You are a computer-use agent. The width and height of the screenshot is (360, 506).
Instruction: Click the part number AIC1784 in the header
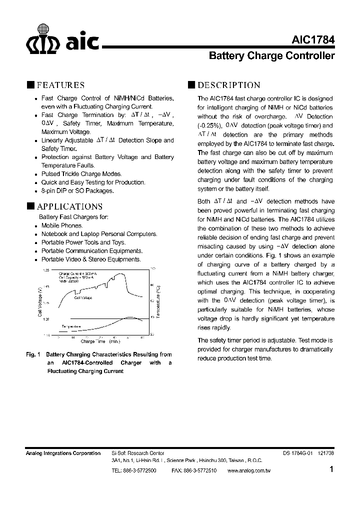(312, 40)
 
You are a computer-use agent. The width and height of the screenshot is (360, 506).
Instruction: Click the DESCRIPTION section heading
(229, 85)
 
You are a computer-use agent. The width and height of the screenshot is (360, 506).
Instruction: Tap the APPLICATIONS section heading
(69, 206)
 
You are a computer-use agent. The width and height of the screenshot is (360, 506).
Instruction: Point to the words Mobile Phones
(62, 225)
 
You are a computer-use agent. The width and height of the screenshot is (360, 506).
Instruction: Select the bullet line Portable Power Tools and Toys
(83, 242)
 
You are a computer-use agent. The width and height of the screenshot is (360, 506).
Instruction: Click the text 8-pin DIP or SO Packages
(77, 190)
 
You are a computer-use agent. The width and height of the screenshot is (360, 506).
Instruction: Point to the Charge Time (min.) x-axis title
(100, 341)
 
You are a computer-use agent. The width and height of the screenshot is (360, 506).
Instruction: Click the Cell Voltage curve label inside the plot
(83, 297)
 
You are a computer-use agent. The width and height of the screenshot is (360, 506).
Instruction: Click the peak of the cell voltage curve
(121, 274)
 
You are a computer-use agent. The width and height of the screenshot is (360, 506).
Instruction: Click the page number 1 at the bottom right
(331, 469)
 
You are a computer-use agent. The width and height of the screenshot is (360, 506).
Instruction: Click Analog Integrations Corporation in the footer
(63, 453)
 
